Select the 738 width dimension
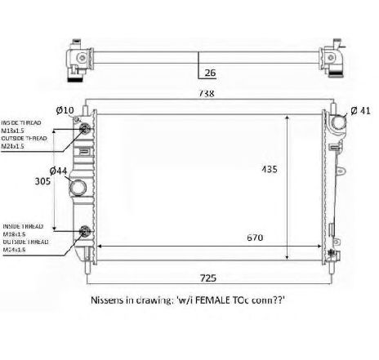click(207, 94)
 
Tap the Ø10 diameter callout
click(66, 110)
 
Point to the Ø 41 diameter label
click(361, 110)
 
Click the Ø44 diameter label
click(58, 171)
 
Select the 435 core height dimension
click(270, 170)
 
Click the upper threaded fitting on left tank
click(83, 127)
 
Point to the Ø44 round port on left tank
click(79, 189)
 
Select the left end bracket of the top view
click(79, 60)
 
